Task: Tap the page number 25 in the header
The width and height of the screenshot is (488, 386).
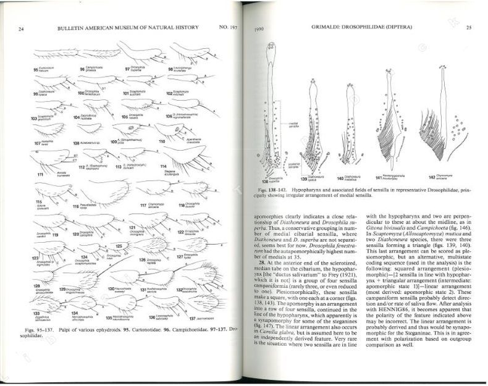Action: pos(468,28)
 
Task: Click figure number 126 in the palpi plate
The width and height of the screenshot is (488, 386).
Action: pos(143,260)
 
